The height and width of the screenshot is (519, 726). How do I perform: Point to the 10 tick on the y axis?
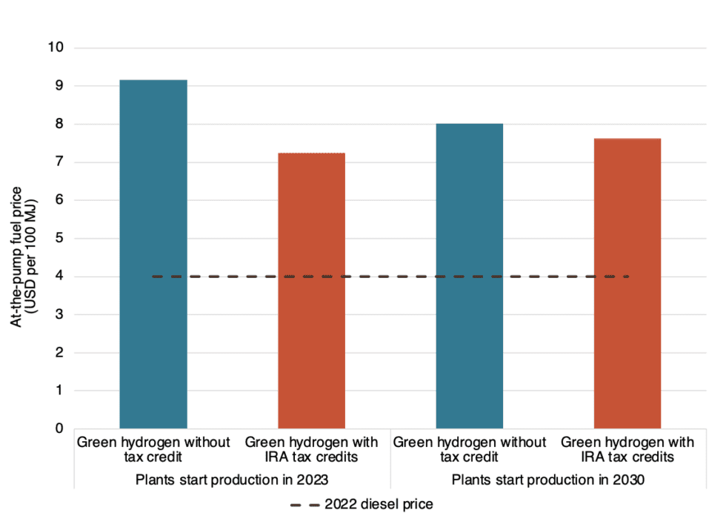(57, 48)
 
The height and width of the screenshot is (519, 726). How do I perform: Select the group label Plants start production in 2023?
(232, 479)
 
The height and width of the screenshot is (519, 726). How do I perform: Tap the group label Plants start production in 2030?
(548, 479)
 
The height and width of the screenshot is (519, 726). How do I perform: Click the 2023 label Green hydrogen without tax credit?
(153, 449)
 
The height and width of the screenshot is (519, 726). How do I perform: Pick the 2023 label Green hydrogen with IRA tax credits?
(311, 449)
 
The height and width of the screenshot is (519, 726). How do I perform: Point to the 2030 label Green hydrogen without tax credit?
(470, 449)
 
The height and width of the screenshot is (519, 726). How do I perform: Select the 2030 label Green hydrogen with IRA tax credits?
(627, 449)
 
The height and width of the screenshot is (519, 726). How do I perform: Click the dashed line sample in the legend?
(304, 503)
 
